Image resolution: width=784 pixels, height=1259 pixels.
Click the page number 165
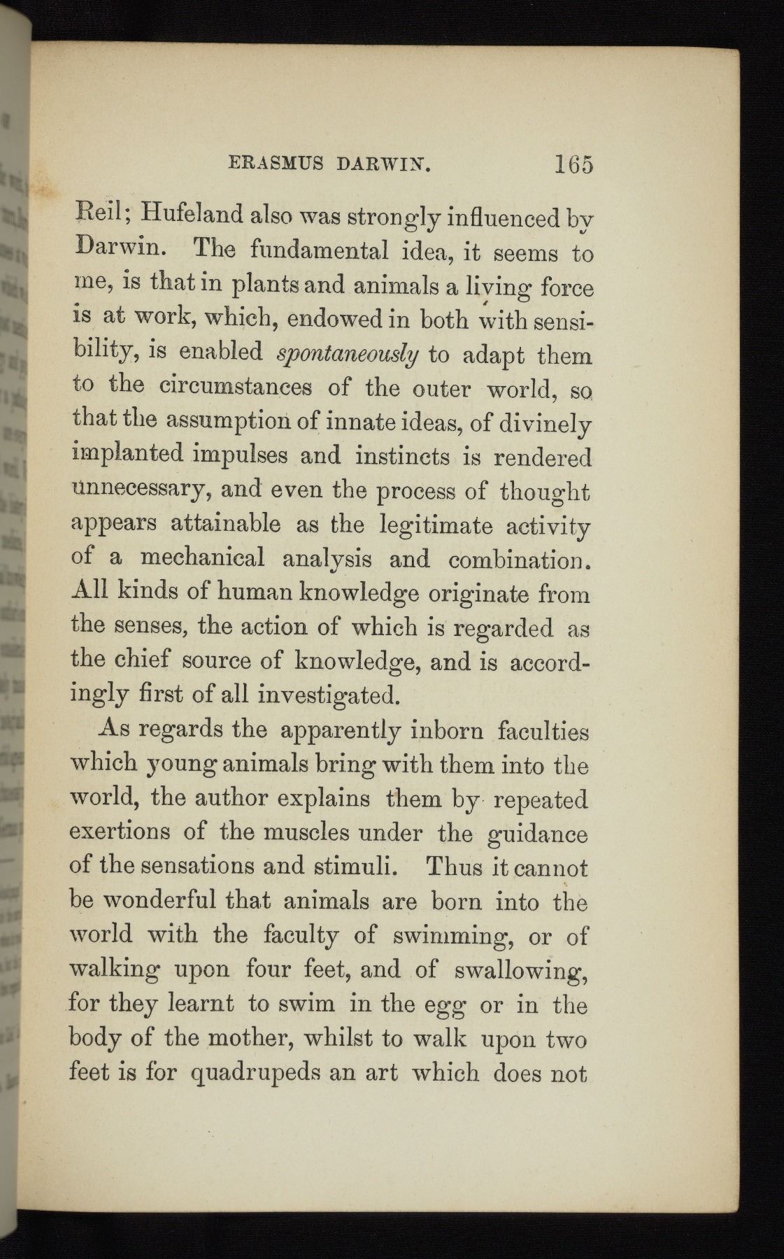click(x=573, y=164)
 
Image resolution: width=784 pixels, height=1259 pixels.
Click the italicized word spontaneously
click(x=348, y=355)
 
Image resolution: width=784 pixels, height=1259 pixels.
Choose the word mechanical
click(x=202, y=558)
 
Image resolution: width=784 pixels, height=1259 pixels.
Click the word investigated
click(x=329, y=695)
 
